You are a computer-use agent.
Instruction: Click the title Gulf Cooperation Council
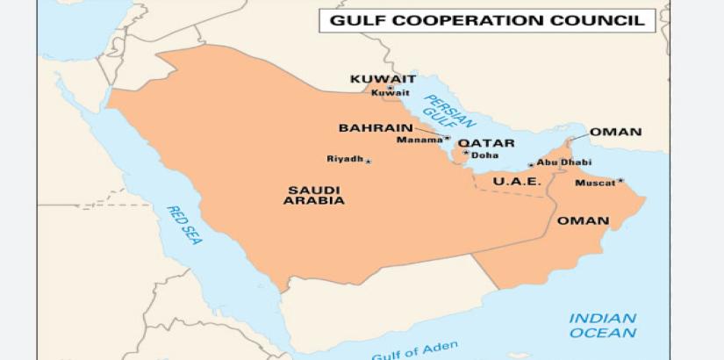pos(487,19)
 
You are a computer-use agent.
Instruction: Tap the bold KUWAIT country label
pos(383,79)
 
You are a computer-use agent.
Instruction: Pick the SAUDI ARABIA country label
pos(313,195)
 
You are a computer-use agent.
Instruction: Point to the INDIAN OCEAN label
pos(602,325)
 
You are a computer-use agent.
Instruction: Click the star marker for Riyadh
pos(369,162)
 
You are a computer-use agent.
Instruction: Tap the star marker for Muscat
pos(620,181)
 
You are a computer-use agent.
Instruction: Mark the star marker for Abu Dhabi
pos(530,164)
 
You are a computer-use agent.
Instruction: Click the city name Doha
pos(485,155)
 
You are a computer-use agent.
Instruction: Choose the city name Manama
pos(419,140)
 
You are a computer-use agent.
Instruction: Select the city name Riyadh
pos(344,159)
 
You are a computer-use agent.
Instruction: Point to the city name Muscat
pos(594,184)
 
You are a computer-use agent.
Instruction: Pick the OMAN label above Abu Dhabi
pos(615,133)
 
